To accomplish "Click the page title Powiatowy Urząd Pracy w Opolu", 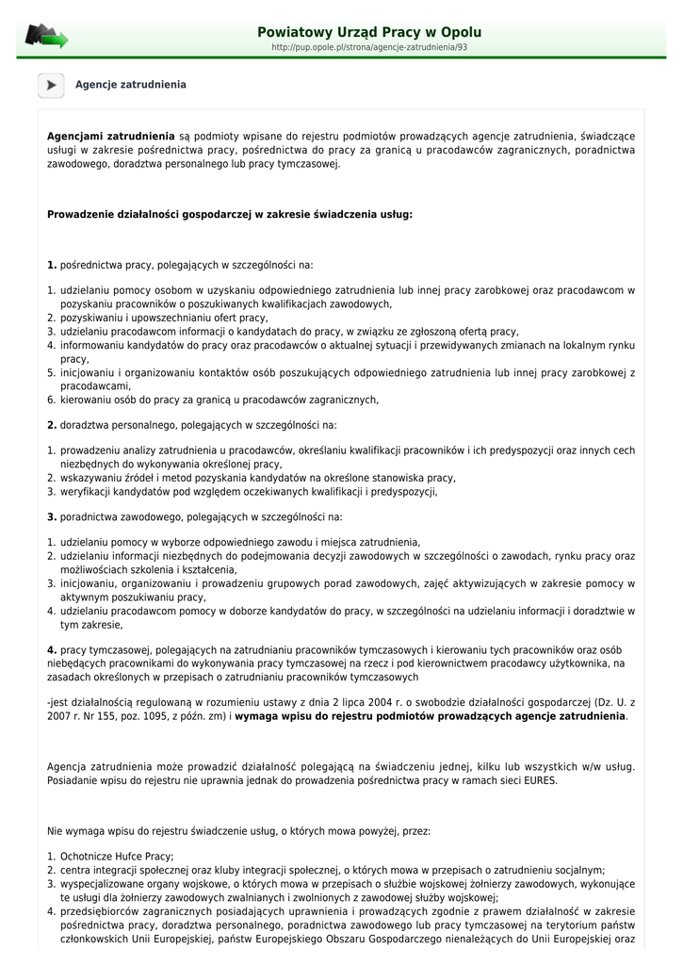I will (x=369, y=31).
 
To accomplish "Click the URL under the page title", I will (x=369, y=47).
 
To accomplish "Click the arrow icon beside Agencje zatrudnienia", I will (x=51, y=85).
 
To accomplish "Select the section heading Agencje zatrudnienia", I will (x=131, y=85).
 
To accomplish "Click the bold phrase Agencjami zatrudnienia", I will (x=111, y=137).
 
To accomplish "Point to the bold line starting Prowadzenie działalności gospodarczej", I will (x=230, y=214).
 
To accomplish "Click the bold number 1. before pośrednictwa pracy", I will (x=52, y=266).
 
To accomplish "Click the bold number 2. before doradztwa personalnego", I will (x=52, y=425).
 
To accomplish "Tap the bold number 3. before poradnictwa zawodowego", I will (x=52, y=516).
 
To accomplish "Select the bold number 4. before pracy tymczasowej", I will (x=52, y=650).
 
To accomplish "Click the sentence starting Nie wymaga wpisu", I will (x=238, y=832).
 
